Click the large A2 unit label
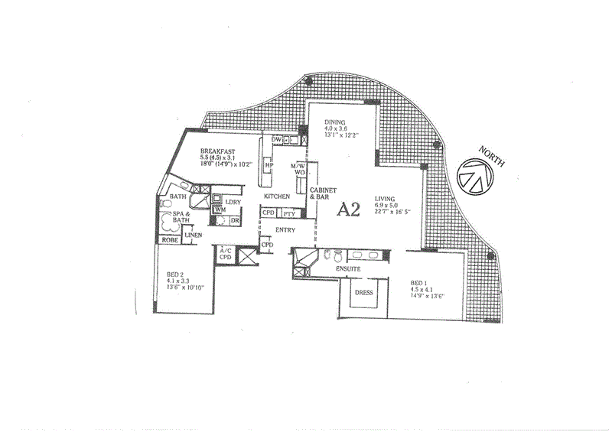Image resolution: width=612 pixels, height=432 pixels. [348, 210]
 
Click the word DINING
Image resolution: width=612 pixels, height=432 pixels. [335, 122]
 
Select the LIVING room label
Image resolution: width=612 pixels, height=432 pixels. [386, 197]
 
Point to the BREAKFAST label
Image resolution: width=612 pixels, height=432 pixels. [218, 151]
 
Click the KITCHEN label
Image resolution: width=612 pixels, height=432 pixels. [276, 197]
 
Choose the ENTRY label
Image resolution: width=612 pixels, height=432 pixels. [286, 229]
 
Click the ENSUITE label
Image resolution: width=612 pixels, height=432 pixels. [348, 269]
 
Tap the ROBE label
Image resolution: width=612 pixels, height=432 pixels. [169, 239]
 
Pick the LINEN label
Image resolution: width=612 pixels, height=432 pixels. [194, 235]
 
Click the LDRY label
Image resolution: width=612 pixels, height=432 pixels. [233, 202]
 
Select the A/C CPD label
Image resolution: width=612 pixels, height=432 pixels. [226, 254]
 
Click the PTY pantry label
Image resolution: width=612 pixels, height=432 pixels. [289, 213]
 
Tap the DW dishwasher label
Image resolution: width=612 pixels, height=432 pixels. [276, 140]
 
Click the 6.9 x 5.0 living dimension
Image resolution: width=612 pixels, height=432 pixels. [386, 205]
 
